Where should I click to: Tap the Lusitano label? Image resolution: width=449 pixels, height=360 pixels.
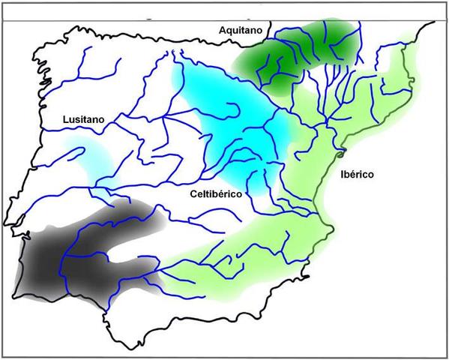(x=82, y=118)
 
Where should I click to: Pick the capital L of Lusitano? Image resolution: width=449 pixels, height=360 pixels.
(x=65, y=118)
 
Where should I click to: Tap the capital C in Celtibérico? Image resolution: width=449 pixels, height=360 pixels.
(x=194, y=193)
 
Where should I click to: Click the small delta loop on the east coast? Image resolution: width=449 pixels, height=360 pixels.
(x=340, y=155)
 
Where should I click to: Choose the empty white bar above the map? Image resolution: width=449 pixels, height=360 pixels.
(x=224, y=7)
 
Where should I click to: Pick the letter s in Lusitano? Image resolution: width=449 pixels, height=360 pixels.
(x=78, y=118)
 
